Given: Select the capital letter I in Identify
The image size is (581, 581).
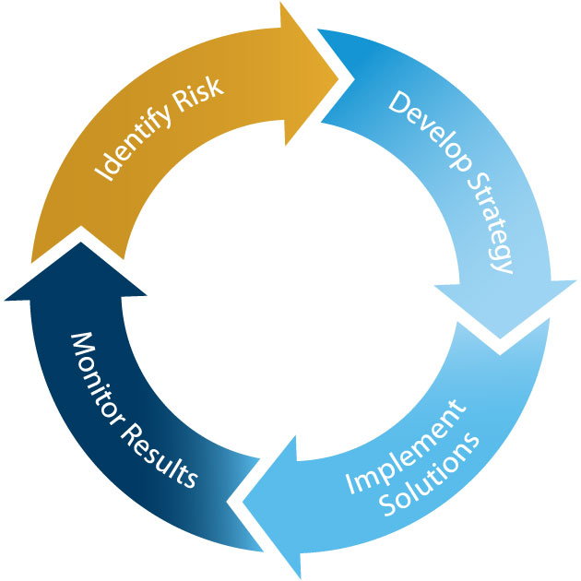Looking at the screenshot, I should tap(99, 175).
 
